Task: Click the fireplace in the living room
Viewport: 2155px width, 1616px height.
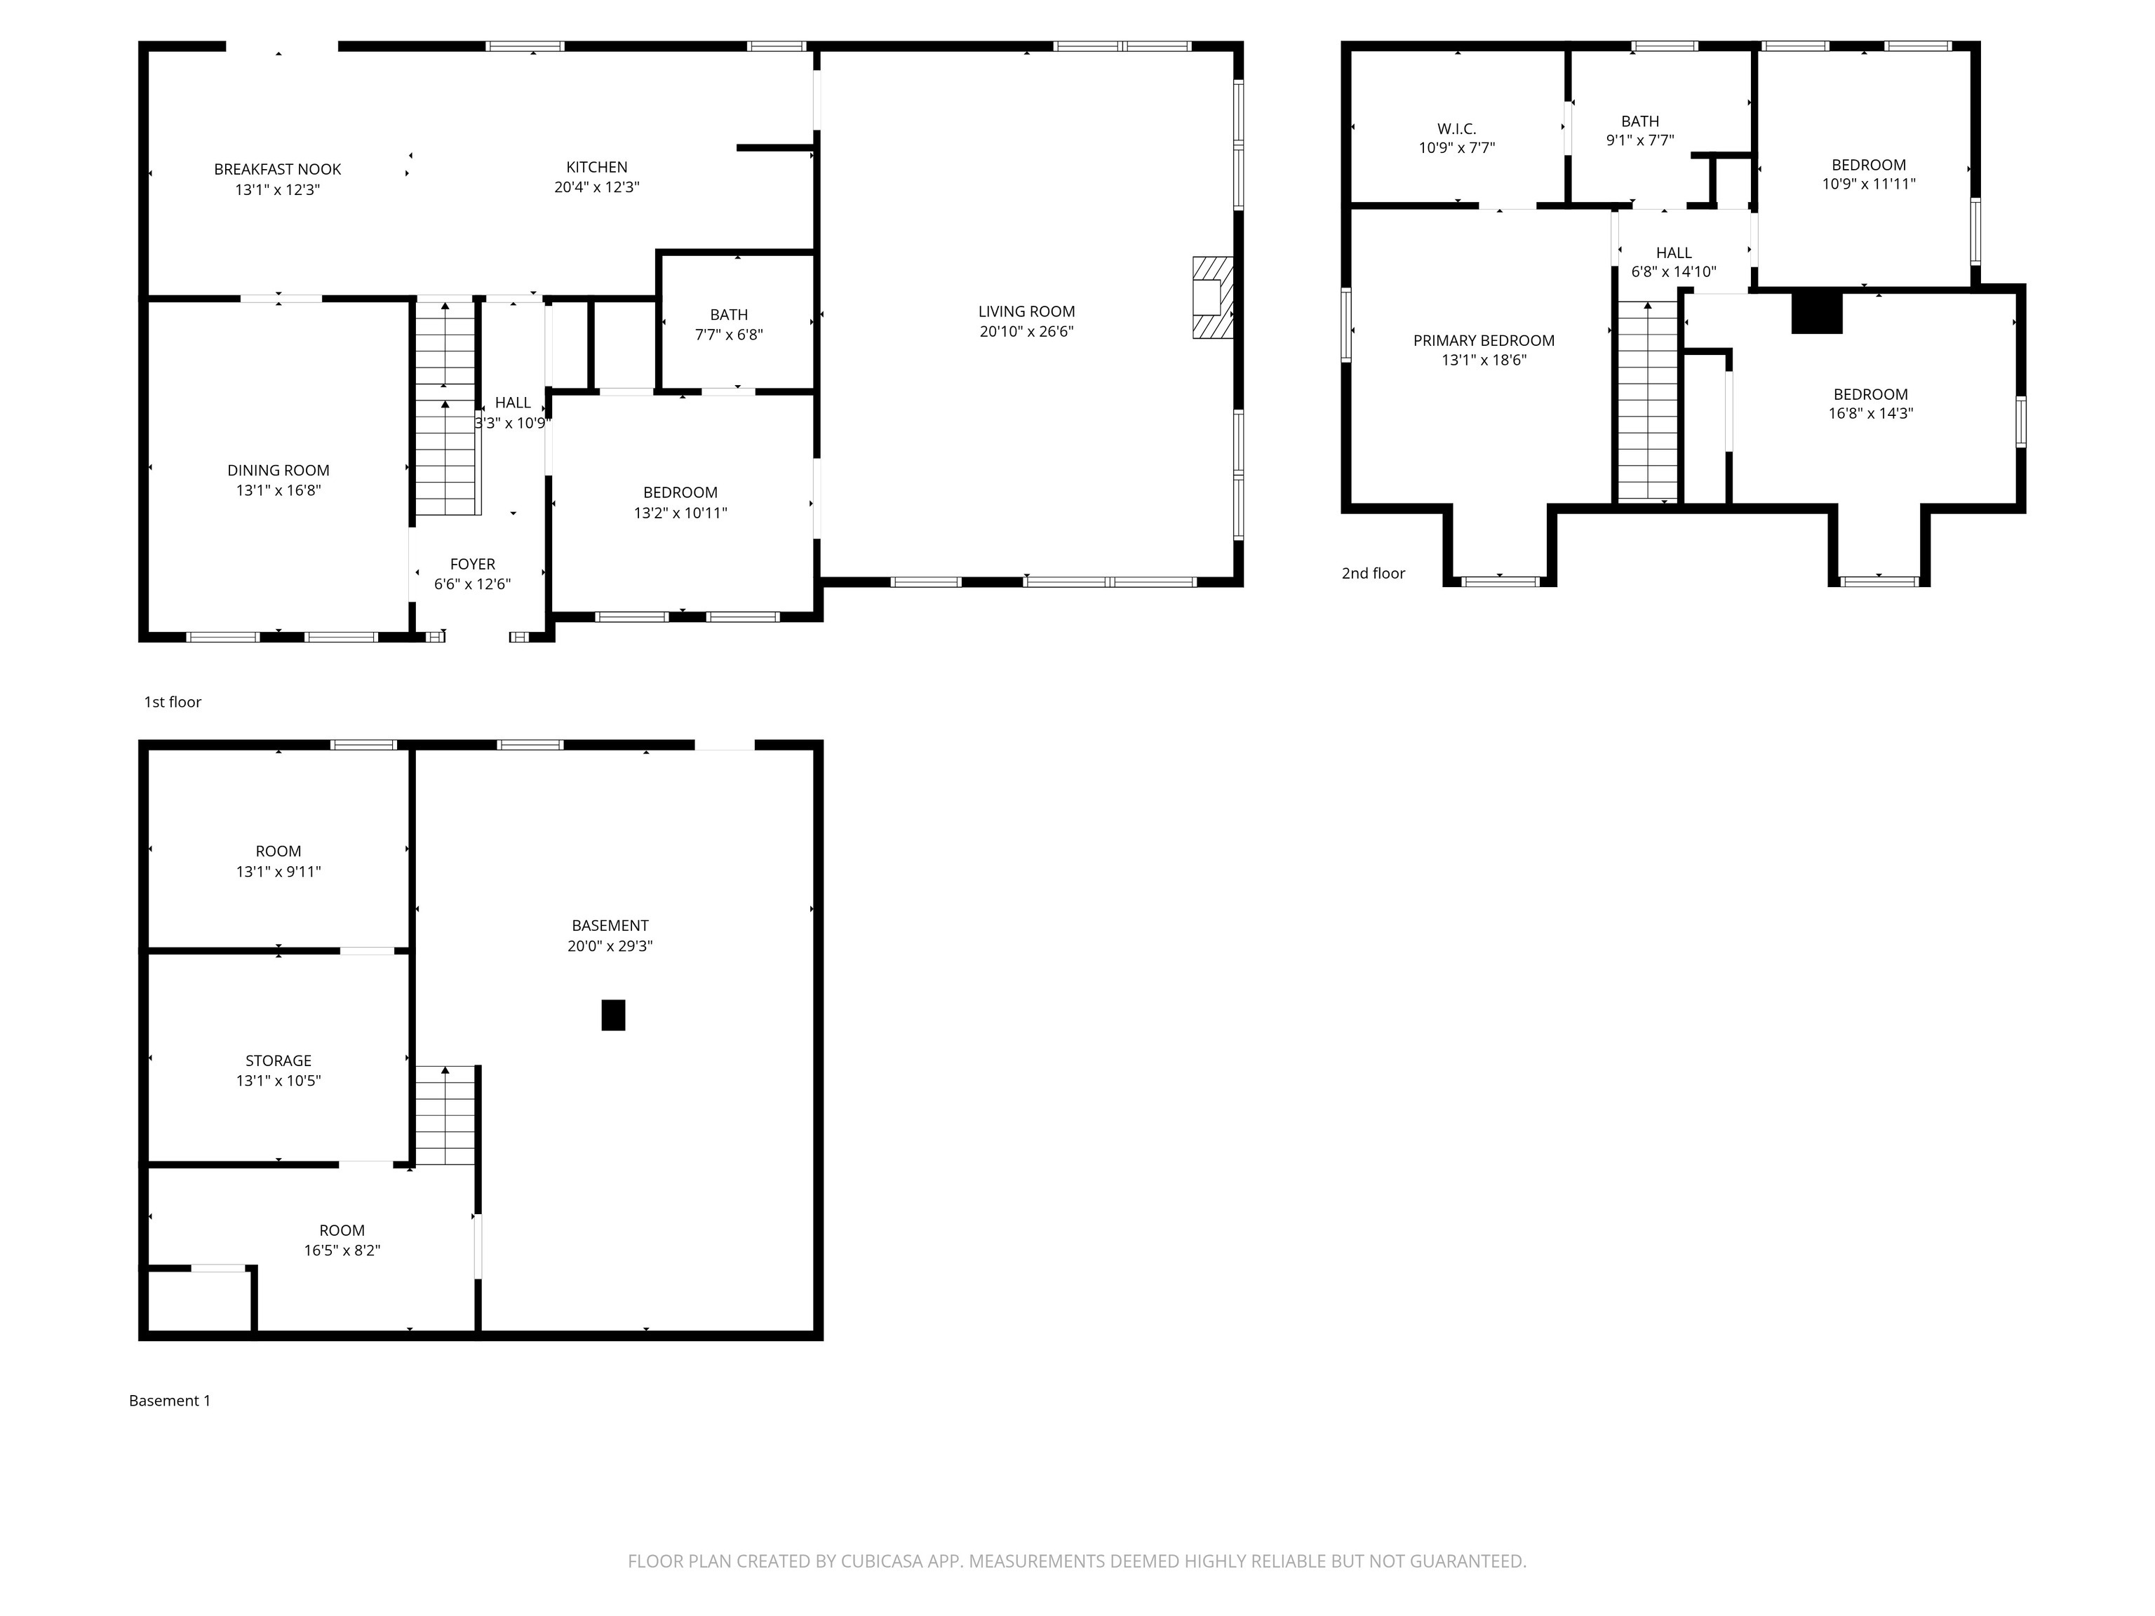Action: coord(1213,297)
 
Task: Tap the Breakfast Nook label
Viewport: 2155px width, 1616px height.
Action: coord(278,170)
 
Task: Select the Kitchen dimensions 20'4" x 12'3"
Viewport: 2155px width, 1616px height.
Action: coord(596,187)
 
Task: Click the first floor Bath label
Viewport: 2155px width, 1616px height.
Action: coord(729,315)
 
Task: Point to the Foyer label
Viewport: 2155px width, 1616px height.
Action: coord(473,564)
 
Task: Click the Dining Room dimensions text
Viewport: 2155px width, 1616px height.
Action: coord(278,490)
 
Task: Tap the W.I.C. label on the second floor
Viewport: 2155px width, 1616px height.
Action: coord(1456,128)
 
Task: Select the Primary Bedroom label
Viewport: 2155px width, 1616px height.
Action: coord(1484,340)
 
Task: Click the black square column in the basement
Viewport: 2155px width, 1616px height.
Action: coord(613,1015)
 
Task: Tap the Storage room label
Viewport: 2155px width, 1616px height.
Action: coord(278,1060)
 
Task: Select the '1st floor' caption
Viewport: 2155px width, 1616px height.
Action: coord(173,701)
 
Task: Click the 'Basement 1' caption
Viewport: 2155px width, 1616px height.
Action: coord(170,1401)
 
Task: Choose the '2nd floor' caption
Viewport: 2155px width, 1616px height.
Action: coord(1374,573)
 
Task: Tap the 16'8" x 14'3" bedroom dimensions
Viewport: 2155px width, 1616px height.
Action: coord(1870,413)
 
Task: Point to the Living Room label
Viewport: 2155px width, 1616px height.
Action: coord(1027,311)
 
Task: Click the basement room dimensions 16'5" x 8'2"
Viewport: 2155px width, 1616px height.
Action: coord(342,1251)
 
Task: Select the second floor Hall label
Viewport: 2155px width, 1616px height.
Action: coord(1674,253)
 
